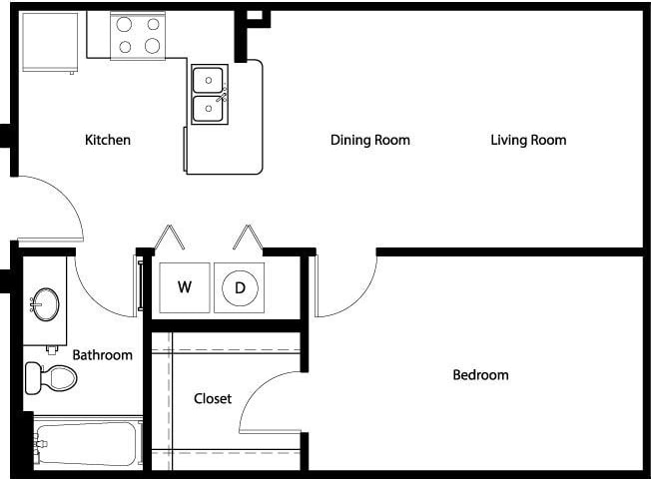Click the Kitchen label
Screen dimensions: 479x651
(x=108, y=140)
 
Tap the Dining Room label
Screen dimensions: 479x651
(x=370, y=140)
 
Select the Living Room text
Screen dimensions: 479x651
(x=528, y=140)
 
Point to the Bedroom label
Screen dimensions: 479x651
(x=480, y=375)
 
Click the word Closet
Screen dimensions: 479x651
(x=213, y=398)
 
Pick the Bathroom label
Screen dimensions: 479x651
(x=102, y=354)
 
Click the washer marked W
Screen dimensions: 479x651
(x=185, y=287)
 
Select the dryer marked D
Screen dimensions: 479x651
(x=240, y=287)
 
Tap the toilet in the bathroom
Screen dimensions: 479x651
(x=51, y=377)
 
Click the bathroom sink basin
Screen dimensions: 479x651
(x=45, y=303)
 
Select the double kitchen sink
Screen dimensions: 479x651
(x=210, y=94)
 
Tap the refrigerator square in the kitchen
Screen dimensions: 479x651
(x=49, y=41)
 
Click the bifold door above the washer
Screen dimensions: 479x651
(x=167, y=239)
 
